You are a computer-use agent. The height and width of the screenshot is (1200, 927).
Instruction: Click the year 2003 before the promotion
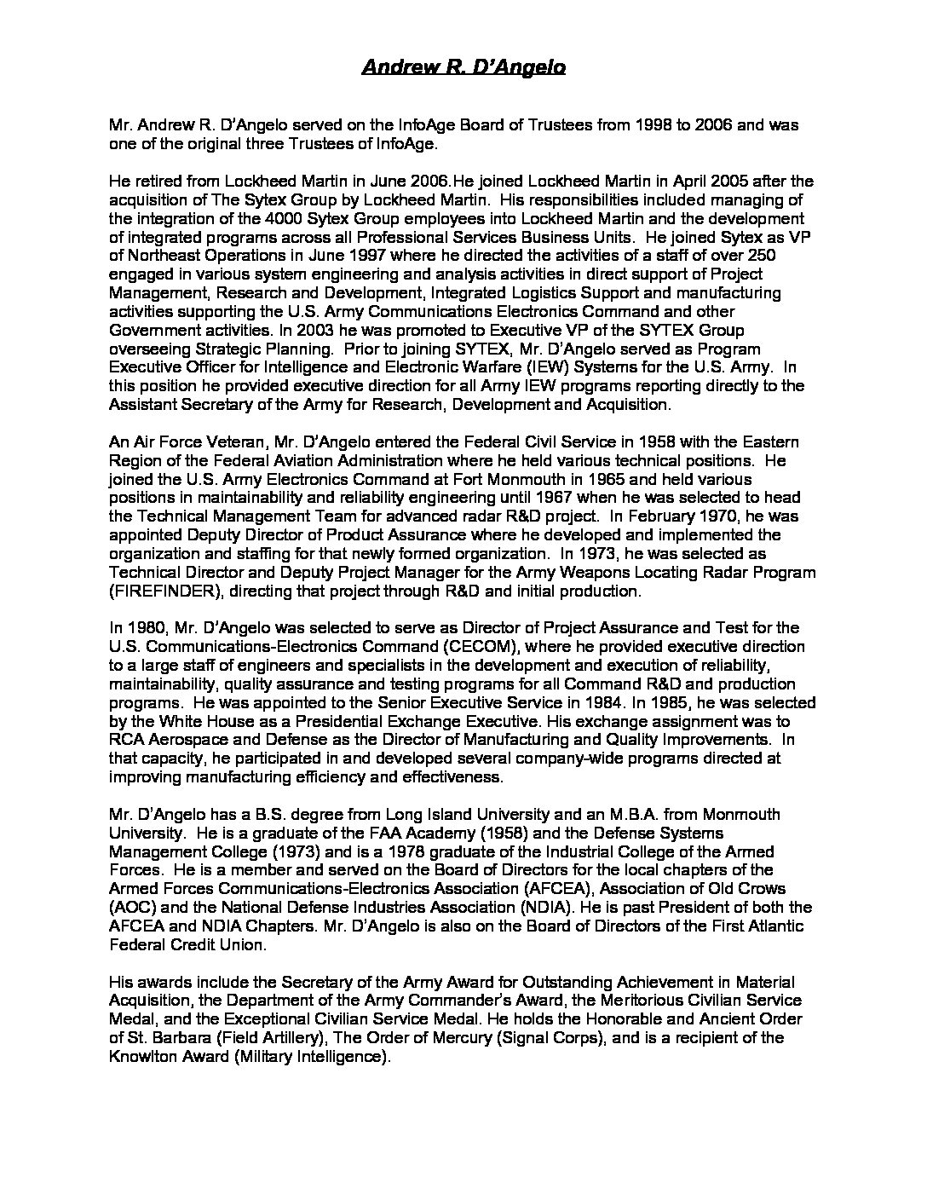pos(322,330)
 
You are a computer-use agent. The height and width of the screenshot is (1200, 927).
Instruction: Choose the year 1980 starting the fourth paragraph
pos(142,628)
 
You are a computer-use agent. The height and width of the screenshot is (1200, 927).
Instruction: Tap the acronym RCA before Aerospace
pos(125,740)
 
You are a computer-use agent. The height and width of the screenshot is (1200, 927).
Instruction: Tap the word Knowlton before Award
pos(142,1056)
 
